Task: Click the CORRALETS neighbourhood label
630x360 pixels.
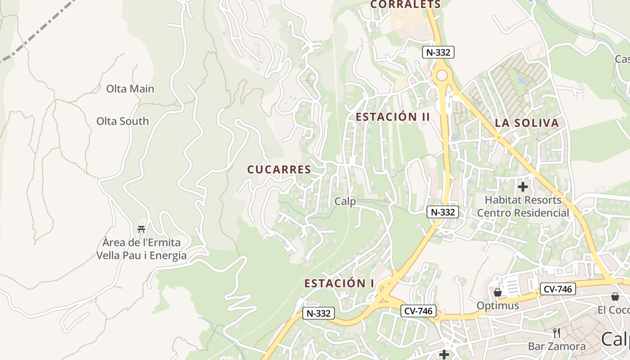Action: [x=405, y=4]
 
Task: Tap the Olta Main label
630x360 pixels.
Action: [x=130, y=89]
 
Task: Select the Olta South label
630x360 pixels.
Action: [x=122, y=121]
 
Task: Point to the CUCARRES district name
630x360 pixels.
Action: [x=279, y=169]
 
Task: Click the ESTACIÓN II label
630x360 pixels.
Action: [x=393, y=117]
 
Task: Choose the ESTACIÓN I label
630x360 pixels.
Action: [x=339, y=283]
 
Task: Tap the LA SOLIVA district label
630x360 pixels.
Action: [x=527, y=123]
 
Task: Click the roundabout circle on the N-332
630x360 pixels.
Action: [x=442, y=75]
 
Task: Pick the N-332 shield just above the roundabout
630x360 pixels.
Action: [x=439, y=52]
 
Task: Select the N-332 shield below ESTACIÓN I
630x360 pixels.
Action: [x=318, y=313]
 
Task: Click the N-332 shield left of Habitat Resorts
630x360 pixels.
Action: [x=443, y=212]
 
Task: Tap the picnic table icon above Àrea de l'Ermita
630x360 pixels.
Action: [x=141, y=229]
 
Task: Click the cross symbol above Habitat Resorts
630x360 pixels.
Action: [x=522, y=186]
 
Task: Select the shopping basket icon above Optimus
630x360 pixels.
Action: [x=497, y=292]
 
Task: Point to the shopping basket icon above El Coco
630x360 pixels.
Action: [x=615, y=297]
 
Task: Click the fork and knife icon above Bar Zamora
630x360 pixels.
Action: [x=557, y=333]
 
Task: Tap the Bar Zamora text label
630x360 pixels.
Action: [x=557, y=346]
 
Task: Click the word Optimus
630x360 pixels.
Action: [x=498, y=306]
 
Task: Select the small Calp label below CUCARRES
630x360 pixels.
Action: [x=345, y=201]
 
